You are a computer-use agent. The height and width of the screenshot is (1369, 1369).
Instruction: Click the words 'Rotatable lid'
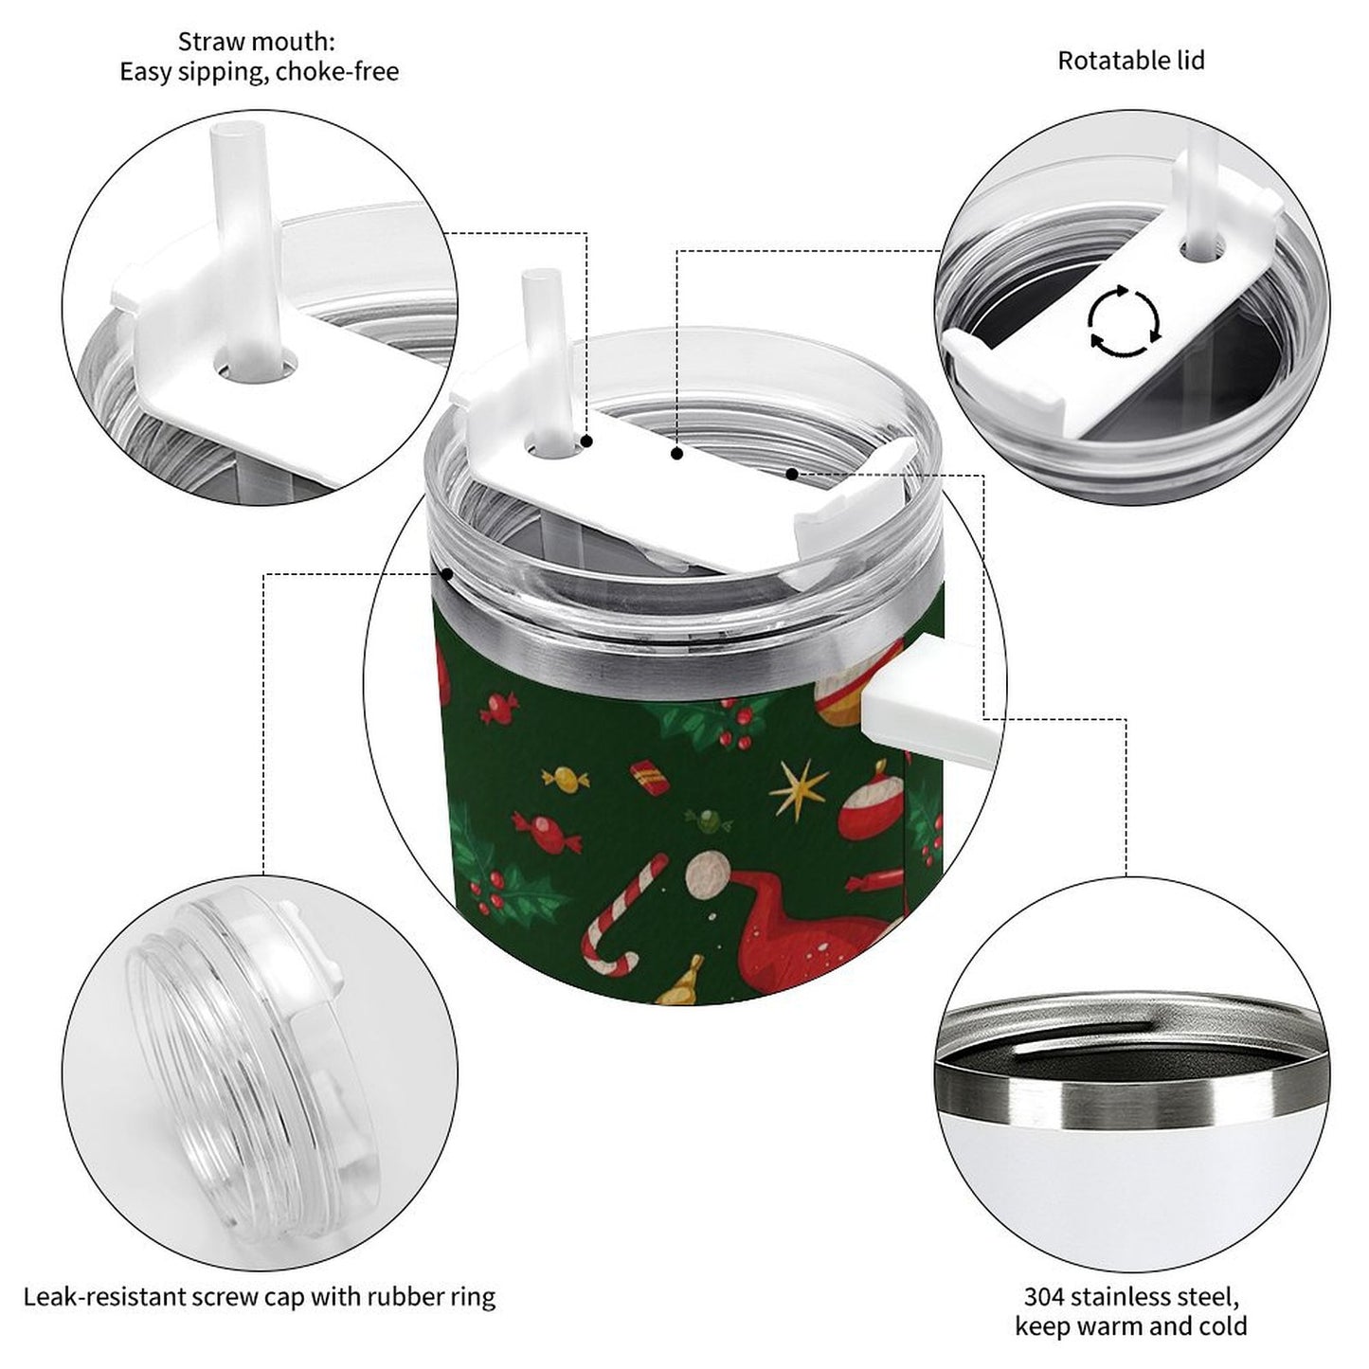(x=1130, y=61)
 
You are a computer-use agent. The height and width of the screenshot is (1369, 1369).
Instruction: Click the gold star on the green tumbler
(x=798, y=788)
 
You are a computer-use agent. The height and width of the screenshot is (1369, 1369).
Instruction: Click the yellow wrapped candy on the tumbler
(x=566, y=778)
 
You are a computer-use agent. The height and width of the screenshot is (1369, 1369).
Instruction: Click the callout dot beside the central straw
(x=587, y=441)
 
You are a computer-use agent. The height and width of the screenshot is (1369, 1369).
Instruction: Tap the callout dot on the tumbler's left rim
(x=446, y=573)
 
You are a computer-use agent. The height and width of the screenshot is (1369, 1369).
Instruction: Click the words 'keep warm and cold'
(x=1130, y=1326)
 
